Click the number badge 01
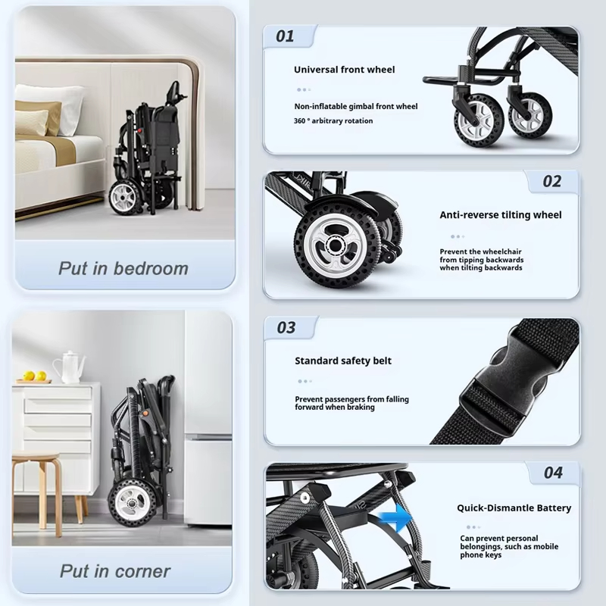(285, 36)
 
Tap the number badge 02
(552, 181)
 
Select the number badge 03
(286, 328)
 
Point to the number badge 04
(553, 473)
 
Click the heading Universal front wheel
(345, 70)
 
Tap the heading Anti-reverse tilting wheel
(501, 215)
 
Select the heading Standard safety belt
(343, 361)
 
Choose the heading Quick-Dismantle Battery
(514, 508)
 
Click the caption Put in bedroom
(123, 268)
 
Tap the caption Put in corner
(116, 570)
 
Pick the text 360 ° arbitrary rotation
(333, 121)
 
